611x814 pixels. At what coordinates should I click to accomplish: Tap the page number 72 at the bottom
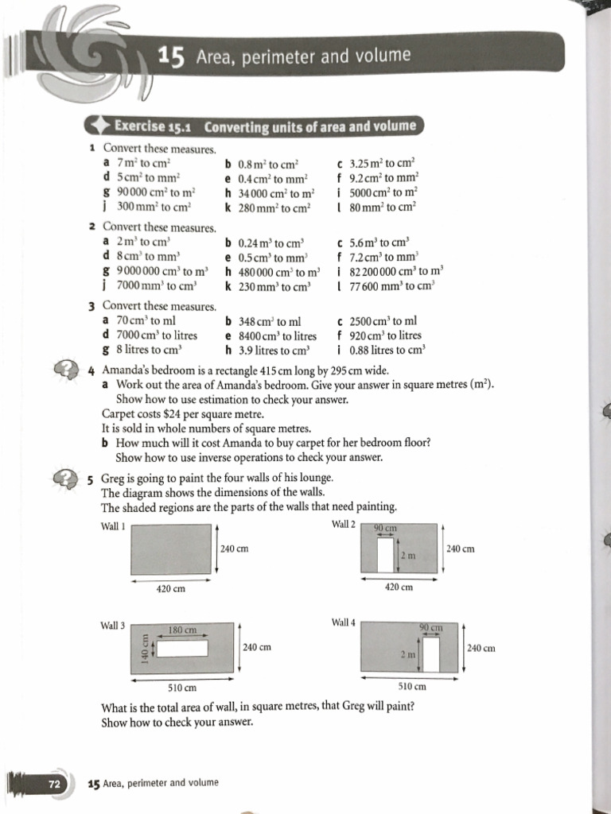pos(55,783)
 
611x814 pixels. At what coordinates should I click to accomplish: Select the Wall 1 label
pos(113,525)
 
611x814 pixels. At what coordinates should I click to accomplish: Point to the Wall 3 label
pos(113,626)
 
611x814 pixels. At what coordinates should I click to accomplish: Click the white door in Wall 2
pos(387,556)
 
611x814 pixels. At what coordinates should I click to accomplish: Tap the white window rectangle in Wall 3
pos(183,649)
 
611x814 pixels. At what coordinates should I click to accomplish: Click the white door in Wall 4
pos(431,654)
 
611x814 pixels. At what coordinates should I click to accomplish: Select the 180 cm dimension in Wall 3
pos(183,630)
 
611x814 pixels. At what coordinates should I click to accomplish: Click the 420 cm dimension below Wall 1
pos(171,588)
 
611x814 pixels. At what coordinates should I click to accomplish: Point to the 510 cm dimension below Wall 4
pos(411,686)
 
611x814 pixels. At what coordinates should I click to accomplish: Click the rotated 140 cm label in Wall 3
pos(145,648)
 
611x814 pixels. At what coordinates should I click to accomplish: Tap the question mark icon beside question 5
pos(64,477)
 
